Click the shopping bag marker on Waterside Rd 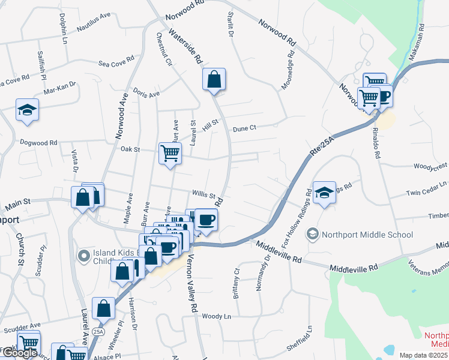[x=214, y=79]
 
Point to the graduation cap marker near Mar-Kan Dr [x=26, y=110]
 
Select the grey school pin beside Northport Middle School [x=312, y=233]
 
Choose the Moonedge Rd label [x=291, y=68]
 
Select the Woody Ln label [x=216, y=316]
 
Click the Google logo [x=20, y=353]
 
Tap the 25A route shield [x=97, y=331]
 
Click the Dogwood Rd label [x=38, y=143]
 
